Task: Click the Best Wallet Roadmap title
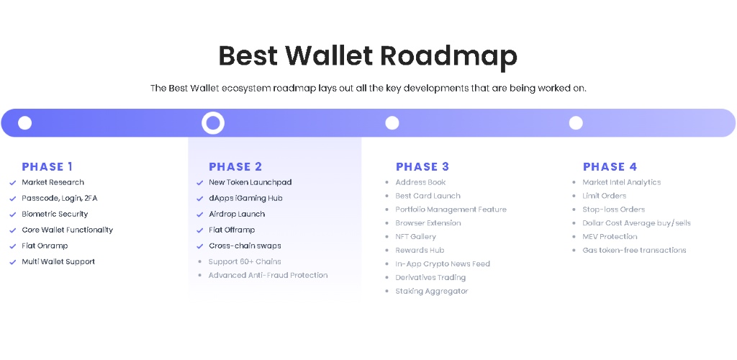368,55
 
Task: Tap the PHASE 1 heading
47,166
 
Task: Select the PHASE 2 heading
235,166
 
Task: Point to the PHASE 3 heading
422,166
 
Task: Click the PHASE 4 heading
610,166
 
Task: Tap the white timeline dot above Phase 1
25,123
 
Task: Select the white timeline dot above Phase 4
576,123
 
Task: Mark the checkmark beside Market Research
13,183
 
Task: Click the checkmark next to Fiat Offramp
200,230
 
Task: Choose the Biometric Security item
55,214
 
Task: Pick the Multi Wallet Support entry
58,262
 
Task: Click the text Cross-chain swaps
245,246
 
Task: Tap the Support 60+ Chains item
245,262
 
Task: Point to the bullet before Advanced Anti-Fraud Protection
200,276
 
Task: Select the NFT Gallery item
415,237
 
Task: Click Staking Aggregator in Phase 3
432,292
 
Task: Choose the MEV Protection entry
610,237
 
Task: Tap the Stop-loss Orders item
613,210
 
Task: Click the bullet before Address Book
386,182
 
